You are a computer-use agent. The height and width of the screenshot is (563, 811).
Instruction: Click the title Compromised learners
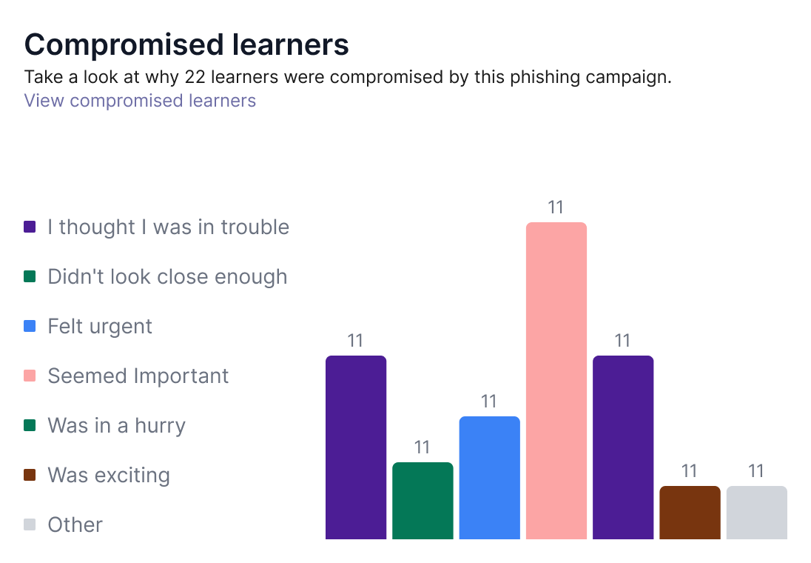click(186, 44)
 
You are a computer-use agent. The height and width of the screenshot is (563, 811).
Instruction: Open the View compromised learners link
click(140, 101)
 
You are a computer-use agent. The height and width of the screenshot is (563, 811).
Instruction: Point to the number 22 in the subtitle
click(195, 76)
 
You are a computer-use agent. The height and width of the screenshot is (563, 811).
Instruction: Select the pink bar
click(556, 381)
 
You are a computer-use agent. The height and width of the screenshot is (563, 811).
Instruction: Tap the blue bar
click(489, 478)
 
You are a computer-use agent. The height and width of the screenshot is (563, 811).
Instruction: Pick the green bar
click(423, 501)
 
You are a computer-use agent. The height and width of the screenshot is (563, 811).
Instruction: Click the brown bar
click(690, 513)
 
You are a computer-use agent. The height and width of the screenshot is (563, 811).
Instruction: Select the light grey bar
click(757, 513)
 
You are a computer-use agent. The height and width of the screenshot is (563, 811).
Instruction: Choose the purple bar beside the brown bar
click(623, 447)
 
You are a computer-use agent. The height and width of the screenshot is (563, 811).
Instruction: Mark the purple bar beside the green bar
click(356, 447)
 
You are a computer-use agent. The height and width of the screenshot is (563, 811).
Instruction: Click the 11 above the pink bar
click(556, 207)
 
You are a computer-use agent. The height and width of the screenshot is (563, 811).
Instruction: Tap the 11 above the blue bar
click(489, 401)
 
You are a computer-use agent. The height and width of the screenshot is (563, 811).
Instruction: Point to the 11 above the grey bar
click(756, 471)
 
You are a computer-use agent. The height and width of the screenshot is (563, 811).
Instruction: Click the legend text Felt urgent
click(100, 326)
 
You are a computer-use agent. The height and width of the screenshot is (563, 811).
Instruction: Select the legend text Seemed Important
click(138, 376)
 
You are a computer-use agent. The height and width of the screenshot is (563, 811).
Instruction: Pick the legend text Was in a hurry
click(116, 426)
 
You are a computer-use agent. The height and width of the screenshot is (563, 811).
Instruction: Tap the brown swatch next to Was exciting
click(30, 475)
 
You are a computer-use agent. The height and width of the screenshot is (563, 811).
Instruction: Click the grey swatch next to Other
click(30, 524)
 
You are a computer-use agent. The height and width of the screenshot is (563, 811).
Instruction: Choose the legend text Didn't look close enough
click(167, 276)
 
